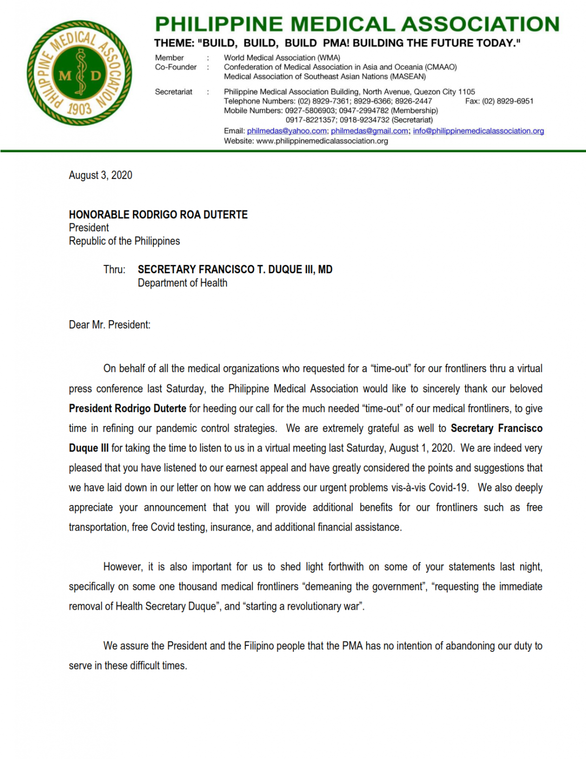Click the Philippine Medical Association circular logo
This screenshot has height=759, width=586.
coord(79,73)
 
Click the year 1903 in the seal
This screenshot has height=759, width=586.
coord(79,109)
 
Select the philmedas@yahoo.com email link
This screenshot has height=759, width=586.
coord(286,131)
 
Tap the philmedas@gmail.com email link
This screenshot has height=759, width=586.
coord(369,131)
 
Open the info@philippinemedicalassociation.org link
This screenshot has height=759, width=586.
coord(478,131)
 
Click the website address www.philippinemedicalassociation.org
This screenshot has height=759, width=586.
coord(322,141)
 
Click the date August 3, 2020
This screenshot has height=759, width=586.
coord(100,175)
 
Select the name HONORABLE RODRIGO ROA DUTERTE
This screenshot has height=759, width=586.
coord(158,214)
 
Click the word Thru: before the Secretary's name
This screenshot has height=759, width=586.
coord(114,269)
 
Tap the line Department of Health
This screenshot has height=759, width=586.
coord(182,283)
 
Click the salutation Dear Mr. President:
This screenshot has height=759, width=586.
coord(110,325)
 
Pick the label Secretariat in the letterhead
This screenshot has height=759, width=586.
coord(173,91)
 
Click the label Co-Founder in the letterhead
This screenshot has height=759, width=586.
coord(176,67)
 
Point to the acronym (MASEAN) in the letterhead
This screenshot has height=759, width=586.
coord(408,76)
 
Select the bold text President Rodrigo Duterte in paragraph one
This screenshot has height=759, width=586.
coord(127,409)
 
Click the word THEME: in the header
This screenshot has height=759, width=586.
coord(173,43)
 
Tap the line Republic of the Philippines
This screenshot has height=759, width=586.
coord(124,241)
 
